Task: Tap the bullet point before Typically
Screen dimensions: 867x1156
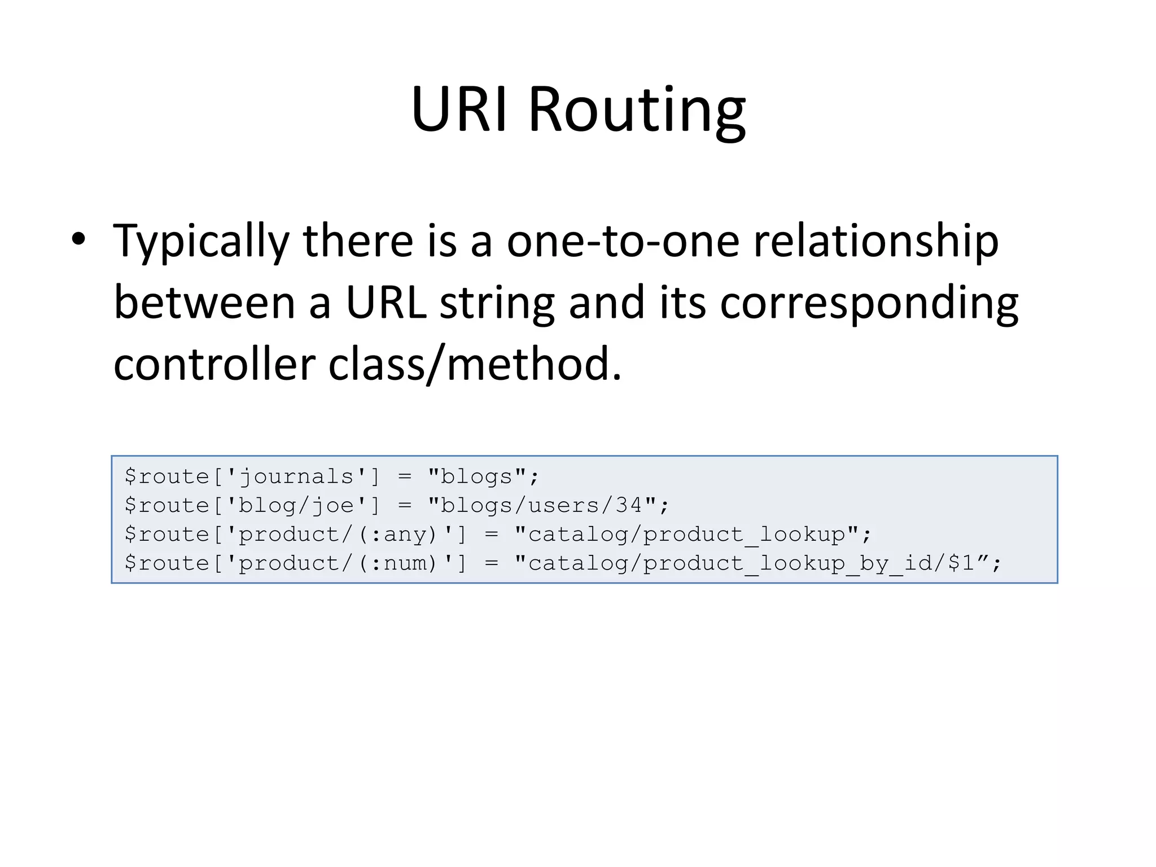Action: click(78, 239)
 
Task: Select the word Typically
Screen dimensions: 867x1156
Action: click(201, 242)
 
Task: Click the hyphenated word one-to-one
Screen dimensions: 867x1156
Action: click(623, 242)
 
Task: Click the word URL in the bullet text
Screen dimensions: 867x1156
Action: click(386, 303)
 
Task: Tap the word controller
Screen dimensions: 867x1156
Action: click(214, 365)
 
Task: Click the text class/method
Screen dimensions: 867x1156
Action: click(475, 365)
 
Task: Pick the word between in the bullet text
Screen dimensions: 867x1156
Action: click(204, 303)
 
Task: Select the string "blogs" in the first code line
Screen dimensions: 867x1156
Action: click(477, 477)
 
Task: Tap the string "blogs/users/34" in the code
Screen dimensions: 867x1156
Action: click(542, 505)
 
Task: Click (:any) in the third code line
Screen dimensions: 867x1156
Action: click(398, 534)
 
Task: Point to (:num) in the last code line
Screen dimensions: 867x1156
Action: click(398, 563)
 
